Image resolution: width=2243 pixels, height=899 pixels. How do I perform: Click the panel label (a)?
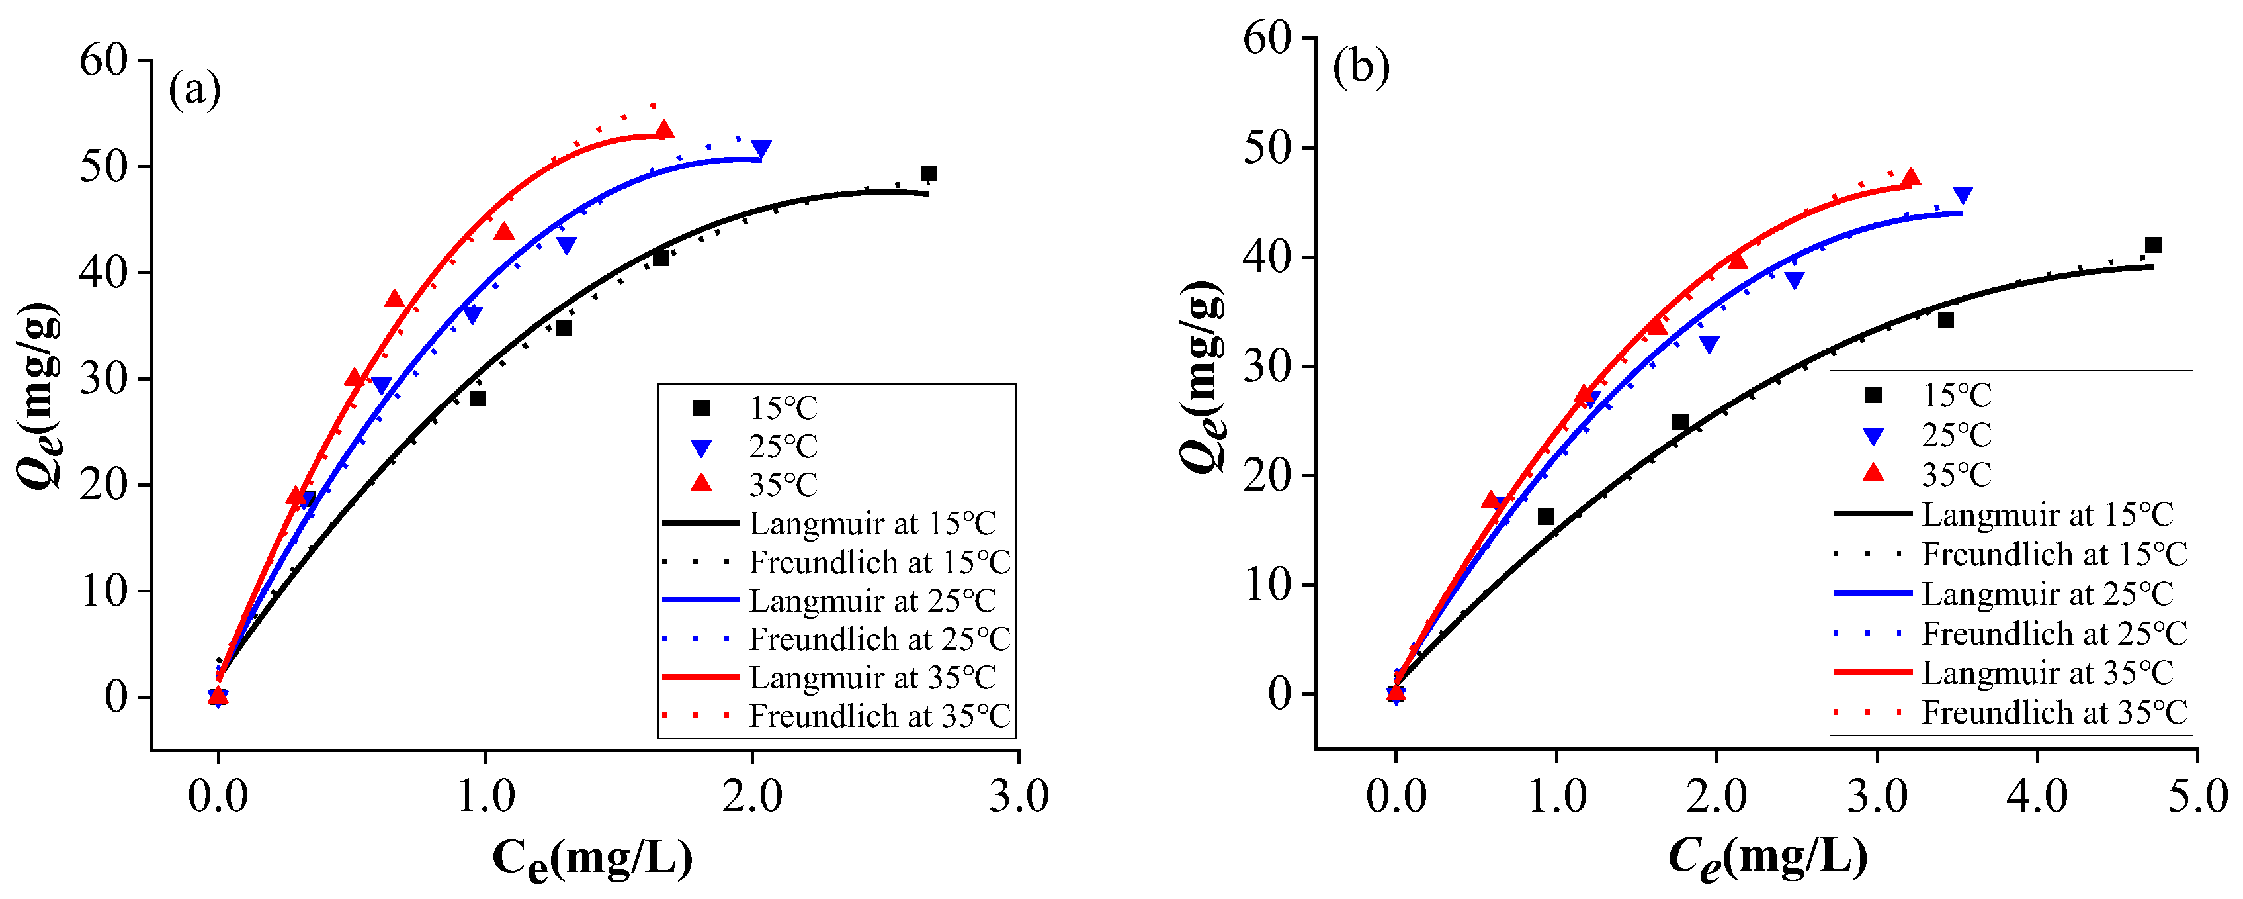194,90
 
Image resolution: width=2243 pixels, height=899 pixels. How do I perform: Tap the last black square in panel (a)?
929,173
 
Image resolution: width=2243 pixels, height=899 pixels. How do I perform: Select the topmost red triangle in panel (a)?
664,130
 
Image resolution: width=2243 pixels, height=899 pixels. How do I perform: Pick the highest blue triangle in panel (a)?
761,149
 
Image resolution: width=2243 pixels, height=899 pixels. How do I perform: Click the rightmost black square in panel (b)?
2153,245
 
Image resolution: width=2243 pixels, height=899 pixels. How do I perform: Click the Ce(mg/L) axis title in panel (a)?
592,858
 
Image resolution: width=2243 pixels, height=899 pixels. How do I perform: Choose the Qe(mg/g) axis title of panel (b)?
1203,375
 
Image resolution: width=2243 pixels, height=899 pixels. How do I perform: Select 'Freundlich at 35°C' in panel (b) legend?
2054,712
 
